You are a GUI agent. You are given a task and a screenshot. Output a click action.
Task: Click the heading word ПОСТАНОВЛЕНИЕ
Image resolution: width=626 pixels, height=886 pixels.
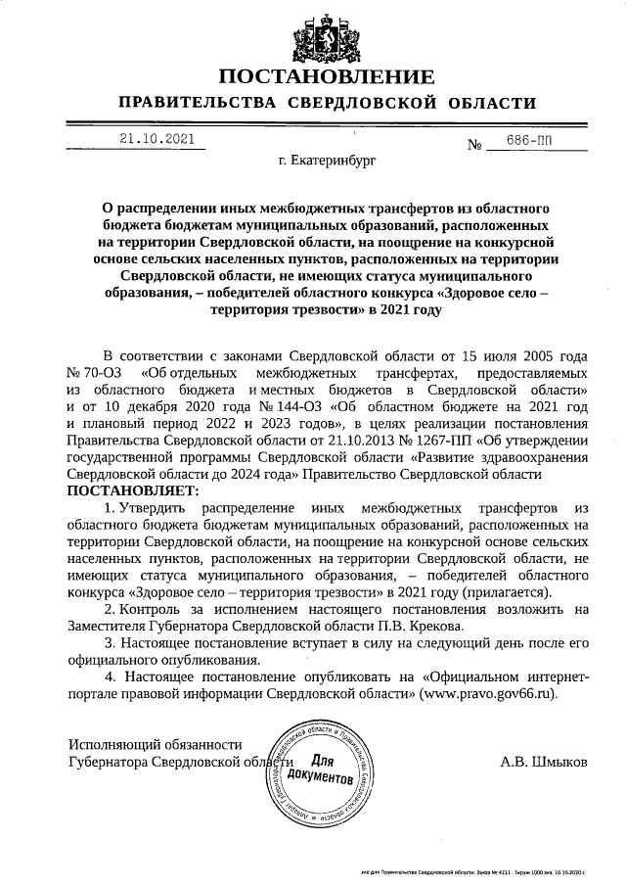(326, 76)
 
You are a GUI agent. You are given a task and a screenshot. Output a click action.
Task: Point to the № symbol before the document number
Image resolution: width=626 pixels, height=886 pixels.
(477, 146)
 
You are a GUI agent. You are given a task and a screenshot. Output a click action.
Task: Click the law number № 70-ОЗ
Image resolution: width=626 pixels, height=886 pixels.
(93, 373)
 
